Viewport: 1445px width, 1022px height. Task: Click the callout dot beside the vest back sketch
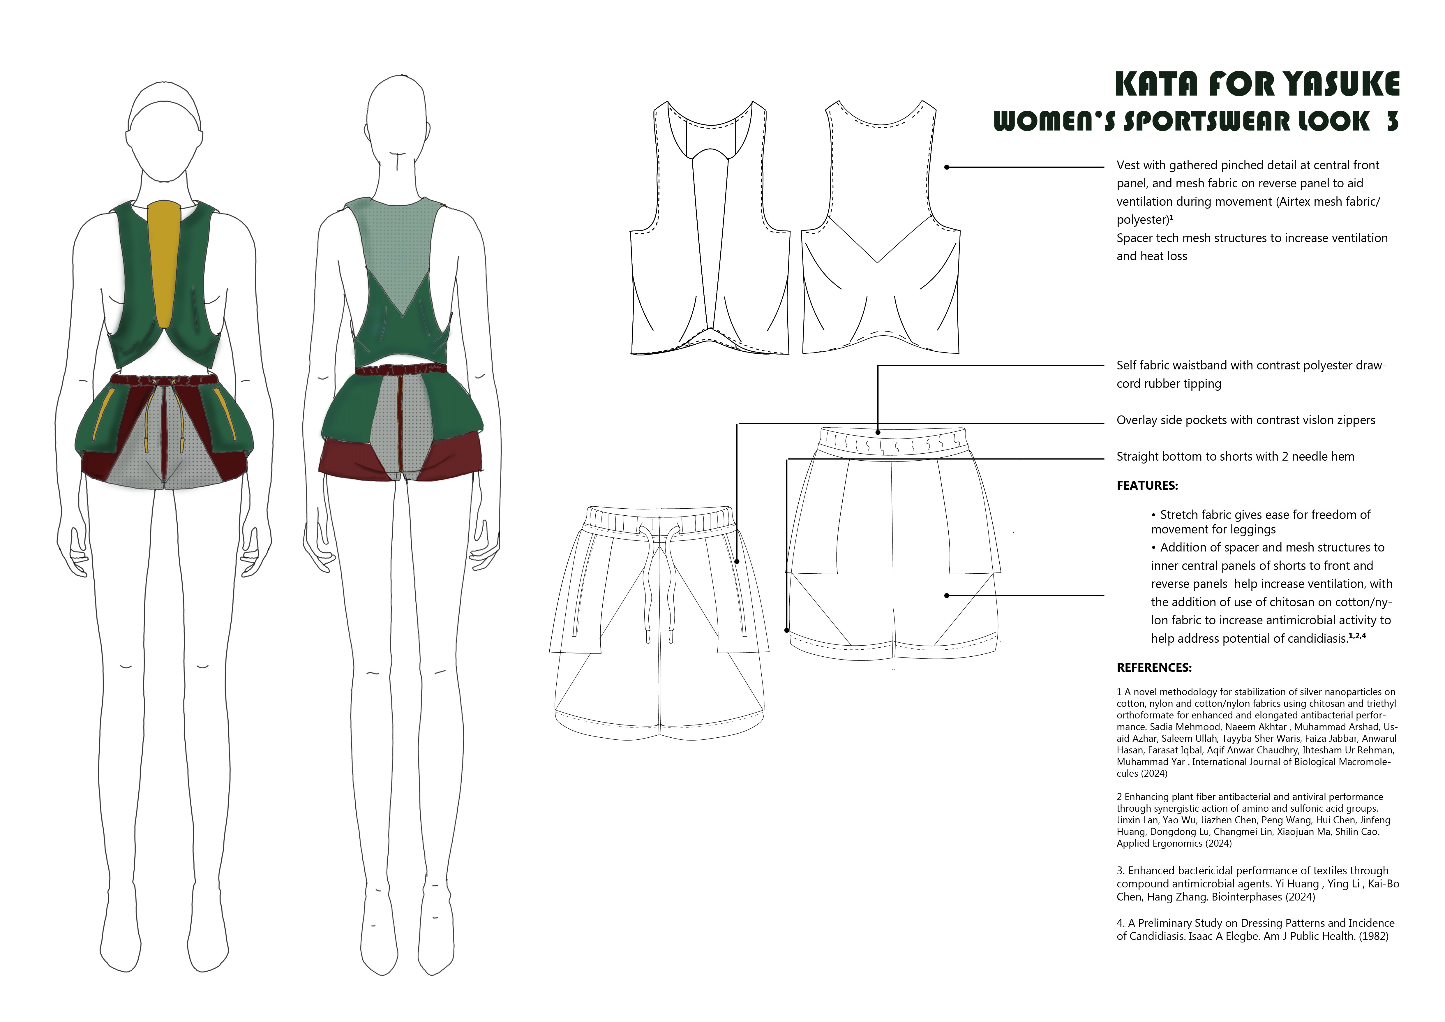pos(947,168)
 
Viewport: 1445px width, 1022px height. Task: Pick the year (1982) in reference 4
pos(1373,936)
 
